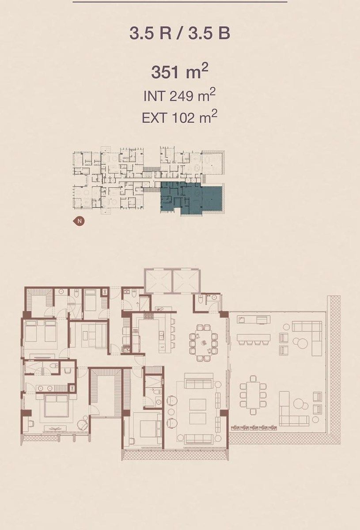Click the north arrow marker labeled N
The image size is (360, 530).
[x=79, y=221]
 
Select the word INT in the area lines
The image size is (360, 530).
[x=154, y=96]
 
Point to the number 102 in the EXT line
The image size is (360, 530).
[x=183, y=117]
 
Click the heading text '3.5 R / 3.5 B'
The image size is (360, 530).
[x=180, y=34]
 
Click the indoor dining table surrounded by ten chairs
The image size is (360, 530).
[x=204, y=343]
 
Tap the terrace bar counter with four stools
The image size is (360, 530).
[x=254, y=337]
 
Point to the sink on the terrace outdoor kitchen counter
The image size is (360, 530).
[x=242, y=320]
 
